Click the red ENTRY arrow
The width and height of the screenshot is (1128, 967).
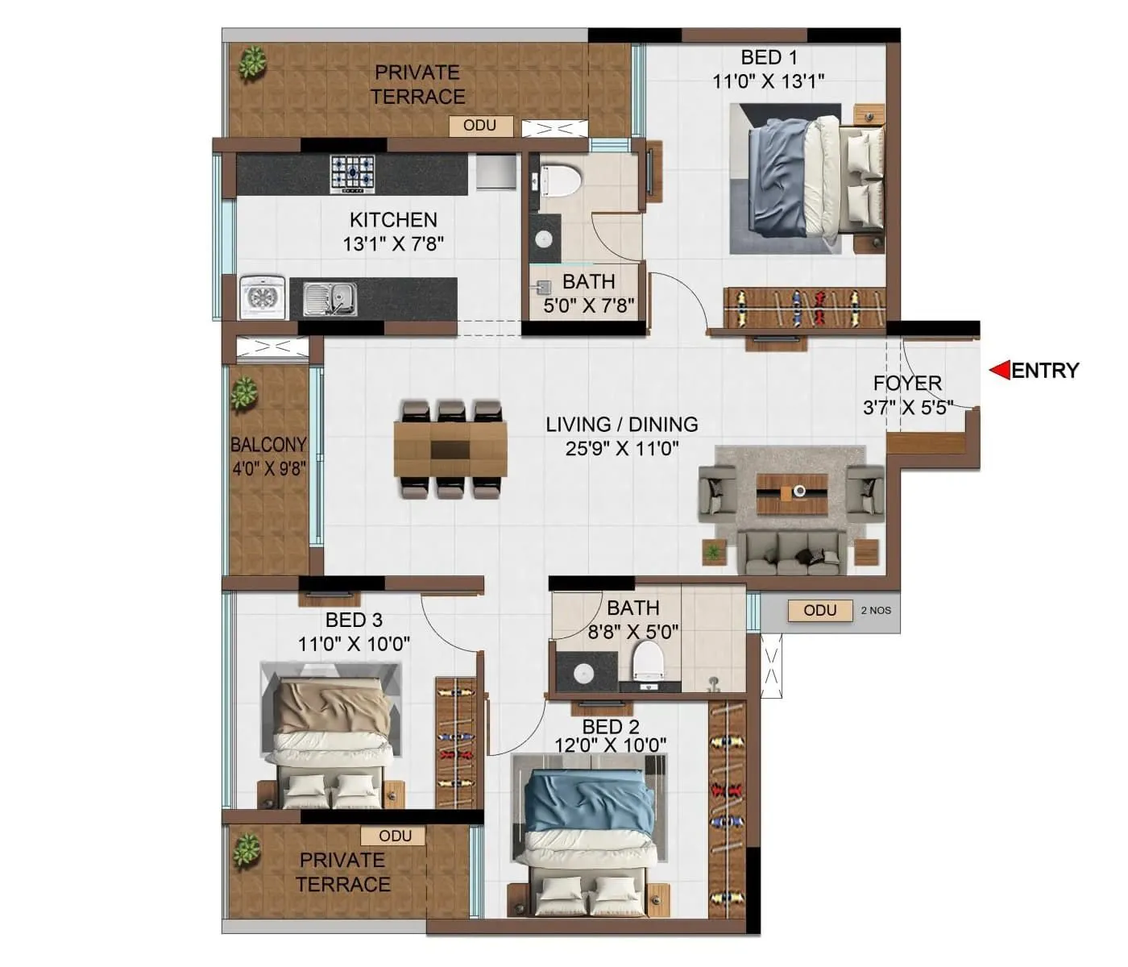pos(1000,370)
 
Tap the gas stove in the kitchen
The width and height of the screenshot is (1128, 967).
pos(353,173)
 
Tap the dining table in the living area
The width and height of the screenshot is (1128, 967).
pos(450,450)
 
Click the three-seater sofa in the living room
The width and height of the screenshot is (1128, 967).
pos(794,554)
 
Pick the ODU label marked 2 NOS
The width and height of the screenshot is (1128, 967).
pos(819,610)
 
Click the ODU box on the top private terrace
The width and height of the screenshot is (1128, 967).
pos(479,126)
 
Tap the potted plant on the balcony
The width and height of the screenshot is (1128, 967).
pos(243,394)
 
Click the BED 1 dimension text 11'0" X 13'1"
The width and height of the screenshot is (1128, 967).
pos(768,81)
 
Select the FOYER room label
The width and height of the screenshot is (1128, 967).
pos(907,383)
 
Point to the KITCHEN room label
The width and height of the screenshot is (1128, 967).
pos(393,219)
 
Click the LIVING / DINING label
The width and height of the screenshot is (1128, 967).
pos(621,424)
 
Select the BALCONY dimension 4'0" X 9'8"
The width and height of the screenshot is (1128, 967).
pos(268,468)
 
